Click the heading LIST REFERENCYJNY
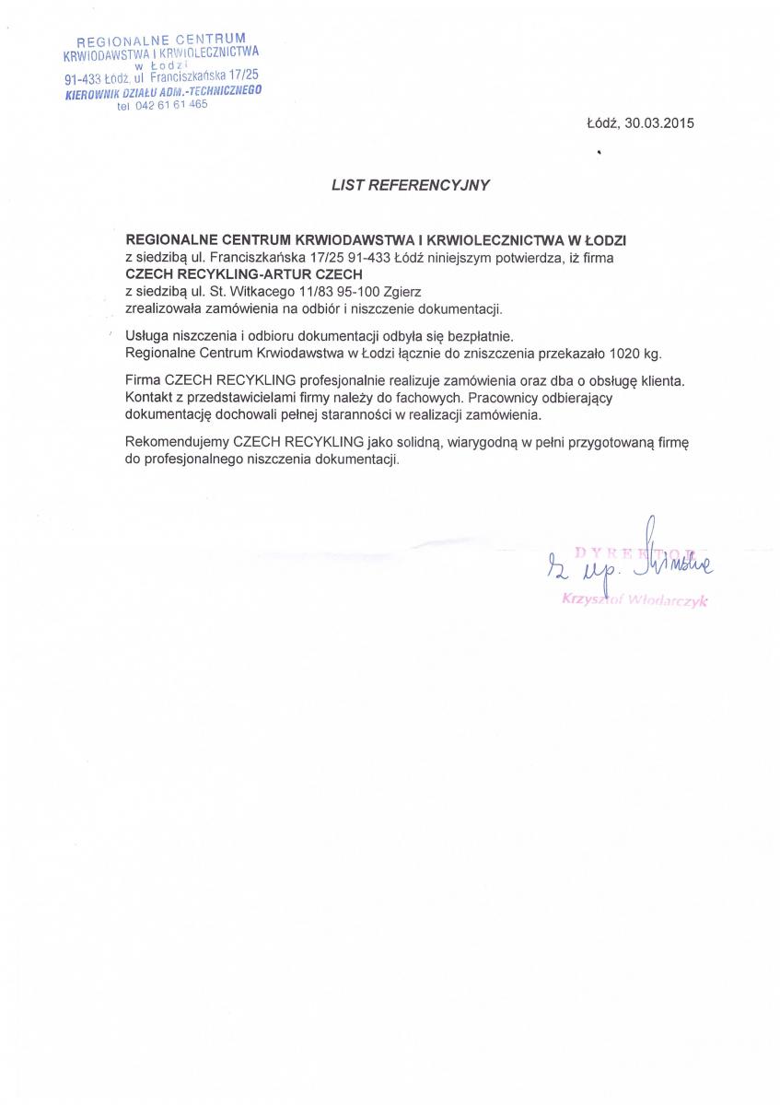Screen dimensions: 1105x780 pos(411,184)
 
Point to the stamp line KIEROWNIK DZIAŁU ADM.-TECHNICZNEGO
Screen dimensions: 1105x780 pos(164,92)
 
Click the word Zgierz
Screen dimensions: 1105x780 pos(402,291)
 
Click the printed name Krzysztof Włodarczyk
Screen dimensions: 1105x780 pos(634,601)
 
